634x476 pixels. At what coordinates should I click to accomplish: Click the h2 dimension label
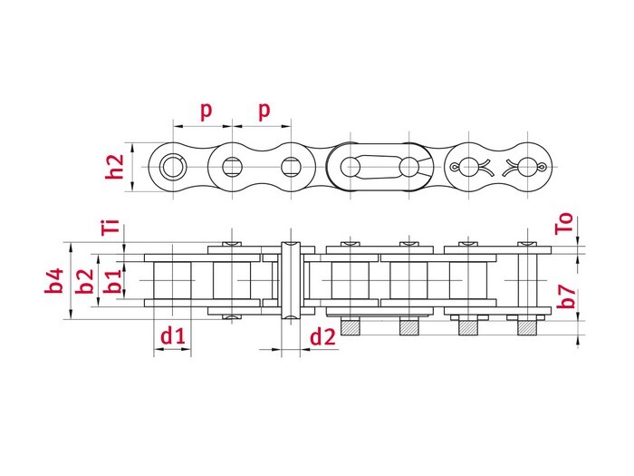pyautogui.click(x=113, y=167)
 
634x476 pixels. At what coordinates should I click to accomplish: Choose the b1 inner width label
pyautogui.click(x=112, y=282)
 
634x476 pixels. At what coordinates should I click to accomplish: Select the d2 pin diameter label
pyautogui.click(x=322, y=337)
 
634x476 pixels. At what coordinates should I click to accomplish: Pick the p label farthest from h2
pyautogui.click(x=264, y=110)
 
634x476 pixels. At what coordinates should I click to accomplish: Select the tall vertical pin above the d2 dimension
pyautogui.click(x=291, y=282)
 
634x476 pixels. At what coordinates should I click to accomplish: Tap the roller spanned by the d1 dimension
pyautogui.click(x=173, y=282)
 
